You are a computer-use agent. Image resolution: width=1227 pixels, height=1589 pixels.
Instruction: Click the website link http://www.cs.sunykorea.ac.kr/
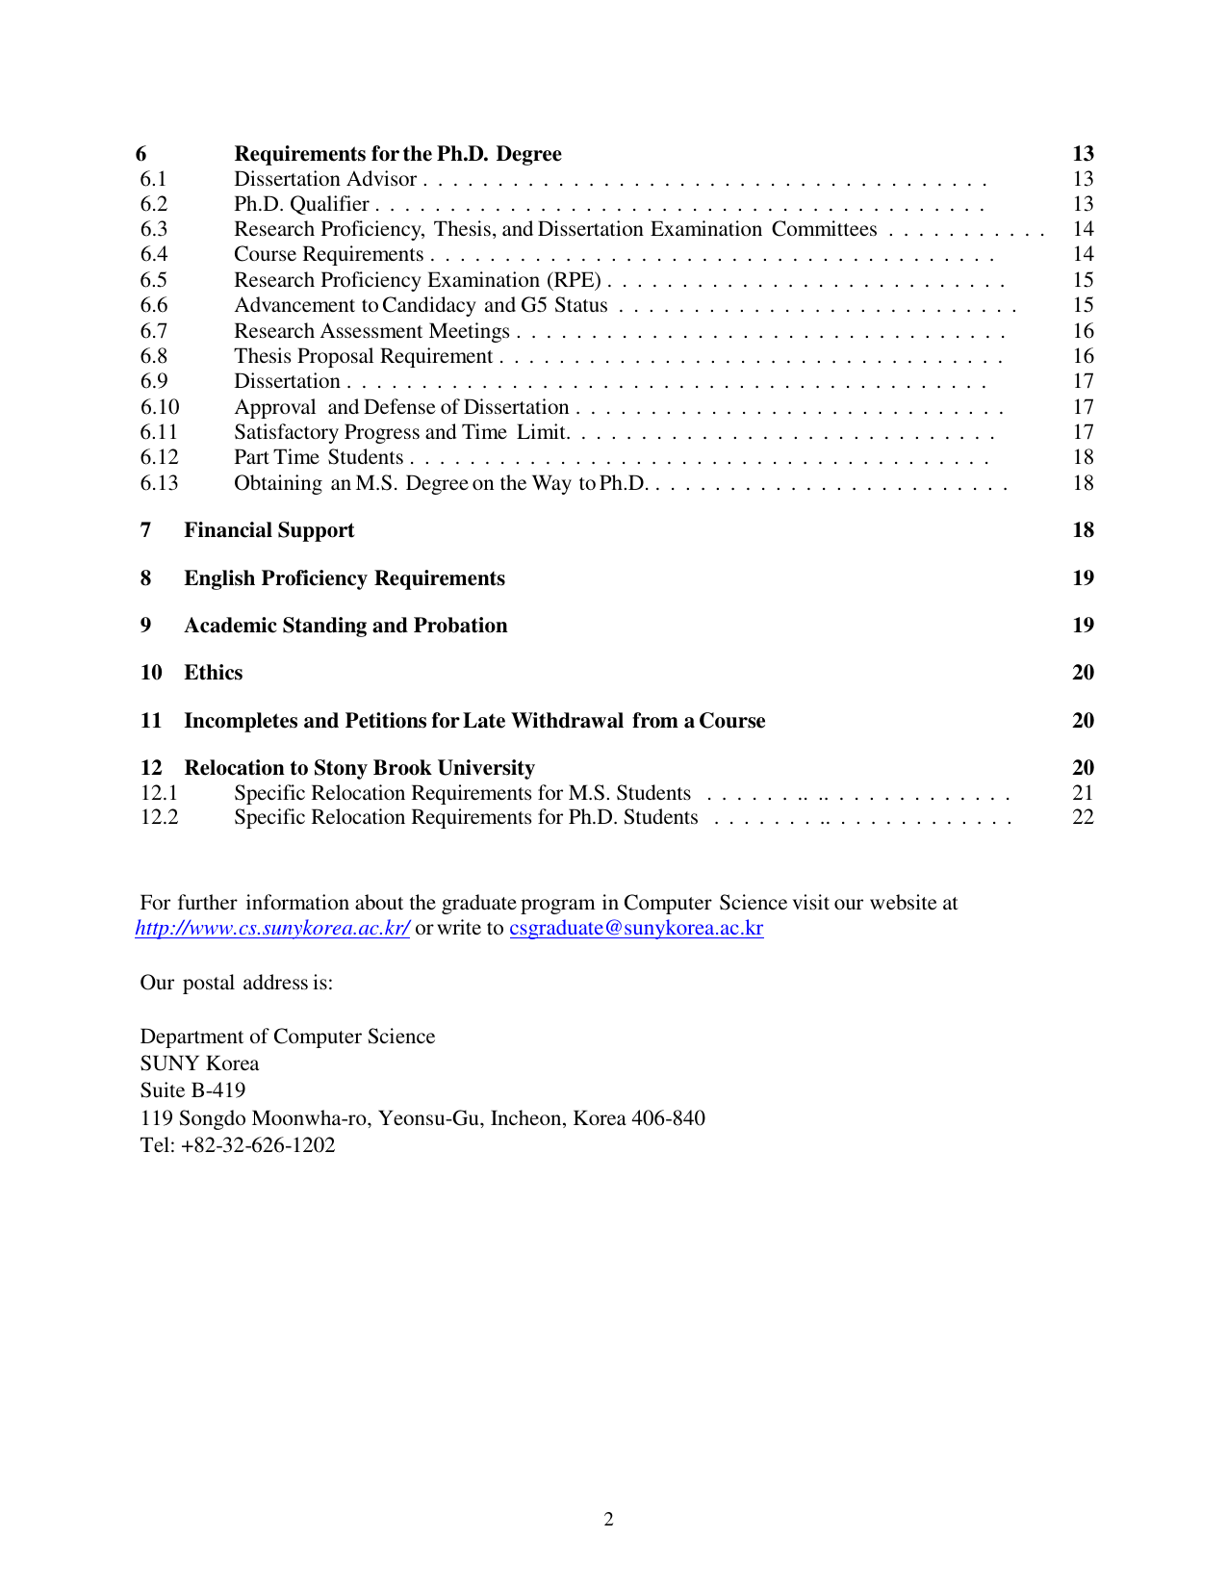tap(272, 928)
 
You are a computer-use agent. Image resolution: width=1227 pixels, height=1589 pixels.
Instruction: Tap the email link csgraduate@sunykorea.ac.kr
tap(636, 928)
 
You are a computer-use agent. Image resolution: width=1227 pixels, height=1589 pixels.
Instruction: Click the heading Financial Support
tap(268, 530)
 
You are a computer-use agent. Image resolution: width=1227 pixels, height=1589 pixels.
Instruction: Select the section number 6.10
tap(160, 407)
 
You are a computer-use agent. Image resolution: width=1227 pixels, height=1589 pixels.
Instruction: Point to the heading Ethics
tap(213, 673)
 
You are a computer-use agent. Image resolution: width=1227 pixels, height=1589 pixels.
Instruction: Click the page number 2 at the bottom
tap(608, 1520)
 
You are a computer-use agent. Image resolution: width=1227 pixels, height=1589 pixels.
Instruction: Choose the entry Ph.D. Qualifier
tap(301, 204)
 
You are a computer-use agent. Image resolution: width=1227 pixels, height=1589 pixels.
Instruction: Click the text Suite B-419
tap(192, 1090)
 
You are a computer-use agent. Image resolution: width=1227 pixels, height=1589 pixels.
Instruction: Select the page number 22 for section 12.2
tap(1083, 817)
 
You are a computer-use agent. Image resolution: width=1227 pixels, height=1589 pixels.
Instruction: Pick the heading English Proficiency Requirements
tap(344, 578)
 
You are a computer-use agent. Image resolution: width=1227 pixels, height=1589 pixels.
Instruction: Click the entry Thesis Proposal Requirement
tap(363, 356)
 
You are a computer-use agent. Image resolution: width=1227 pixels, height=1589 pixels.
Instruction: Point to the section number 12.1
tap(159, 793)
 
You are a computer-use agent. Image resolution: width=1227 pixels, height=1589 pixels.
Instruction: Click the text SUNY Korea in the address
tap(199, 1064)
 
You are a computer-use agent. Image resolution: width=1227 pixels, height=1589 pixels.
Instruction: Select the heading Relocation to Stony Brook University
tap(359, 768)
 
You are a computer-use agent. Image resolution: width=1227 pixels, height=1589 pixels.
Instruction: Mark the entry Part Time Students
tap(319, 457)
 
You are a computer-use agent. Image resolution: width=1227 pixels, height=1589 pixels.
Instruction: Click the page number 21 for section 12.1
tap(1083, 793)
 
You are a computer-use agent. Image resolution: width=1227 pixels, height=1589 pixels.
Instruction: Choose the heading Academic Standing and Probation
tap(345, 626)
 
